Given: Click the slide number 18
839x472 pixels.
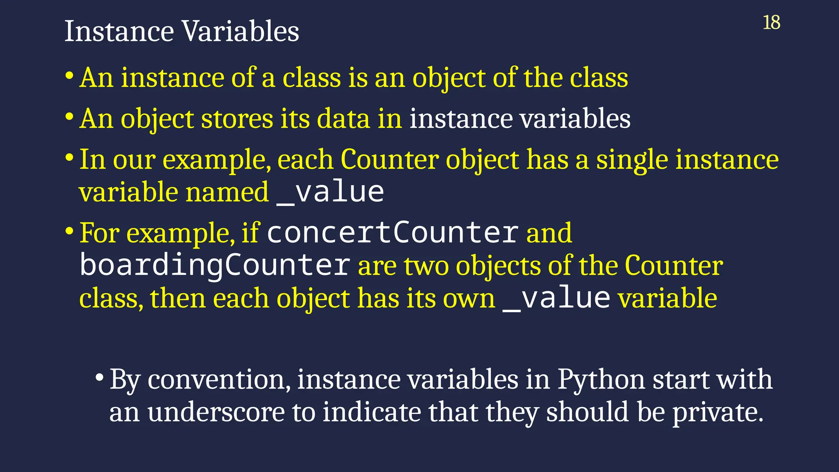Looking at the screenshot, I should click(x=771, y=23).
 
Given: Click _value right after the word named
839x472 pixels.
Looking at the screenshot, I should click(x=330, y=192).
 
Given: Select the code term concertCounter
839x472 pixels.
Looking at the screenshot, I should click(x=393, y=233).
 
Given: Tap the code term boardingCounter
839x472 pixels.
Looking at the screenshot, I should click(x=215, y=265).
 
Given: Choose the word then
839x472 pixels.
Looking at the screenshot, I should click(x=177, y=298).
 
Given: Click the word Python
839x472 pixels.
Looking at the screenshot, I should click(x=601, y=379).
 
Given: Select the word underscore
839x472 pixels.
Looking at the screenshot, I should click(x=216, y=412).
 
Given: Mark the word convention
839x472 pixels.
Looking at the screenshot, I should click(x=219, y=379).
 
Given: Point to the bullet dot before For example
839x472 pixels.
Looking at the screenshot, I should click(x=69, y=231).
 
